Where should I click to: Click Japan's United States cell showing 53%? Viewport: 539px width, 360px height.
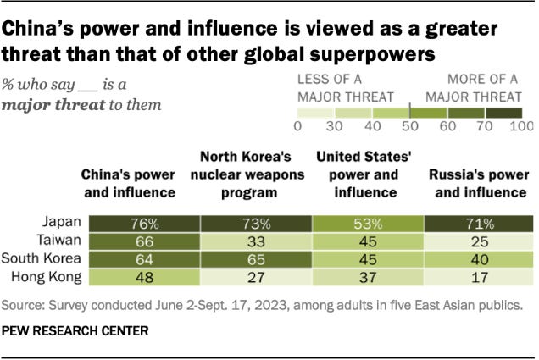pos(367,223)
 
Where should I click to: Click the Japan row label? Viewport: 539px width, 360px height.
pos(64,223)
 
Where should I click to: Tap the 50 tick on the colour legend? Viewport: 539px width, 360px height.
pos(409,126)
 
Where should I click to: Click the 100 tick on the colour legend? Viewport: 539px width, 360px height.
pos(521,126)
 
